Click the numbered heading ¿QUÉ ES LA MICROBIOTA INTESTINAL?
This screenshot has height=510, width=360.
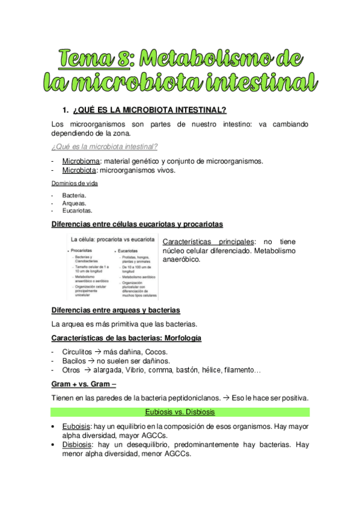click(x=148, y=110)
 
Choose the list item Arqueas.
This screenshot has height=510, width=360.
click(x=75, y=203)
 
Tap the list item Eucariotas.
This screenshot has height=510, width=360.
click(x=78, y=211)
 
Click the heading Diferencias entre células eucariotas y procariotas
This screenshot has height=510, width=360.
click(x=137, y=224)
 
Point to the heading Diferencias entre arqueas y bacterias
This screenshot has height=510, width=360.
click(x=116, y=310)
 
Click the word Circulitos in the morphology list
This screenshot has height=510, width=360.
click(x=77, y=352)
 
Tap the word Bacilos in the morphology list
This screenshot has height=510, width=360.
click(x=74, y=361)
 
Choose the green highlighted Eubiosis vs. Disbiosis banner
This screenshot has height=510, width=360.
click(x=180, y=413)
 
